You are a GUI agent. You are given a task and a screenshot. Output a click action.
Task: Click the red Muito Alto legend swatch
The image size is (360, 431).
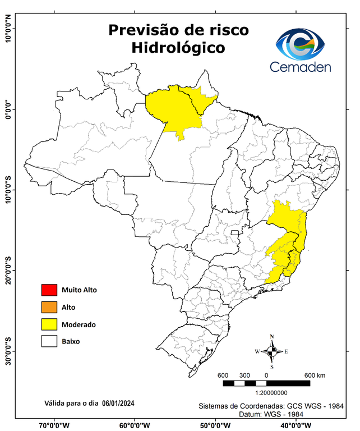click(x=49, y=290)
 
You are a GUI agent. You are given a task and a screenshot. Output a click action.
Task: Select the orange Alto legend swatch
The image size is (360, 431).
click(x=49, y=307)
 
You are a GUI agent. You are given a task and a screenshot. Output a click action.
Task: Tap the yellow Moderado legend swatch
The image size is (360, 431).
click(x=49, y=324)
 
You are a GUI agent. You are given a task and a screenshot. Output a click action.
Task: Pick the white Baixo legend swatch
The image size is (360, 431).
click(x=49, y=341)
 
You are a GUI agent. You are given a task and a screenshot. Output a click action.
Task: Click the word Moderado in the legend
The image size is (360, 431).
click(x=79, y=324)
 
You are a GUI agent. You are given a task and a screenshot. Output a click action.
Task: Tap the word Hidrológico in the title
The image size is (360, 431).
click(x=178, y=48)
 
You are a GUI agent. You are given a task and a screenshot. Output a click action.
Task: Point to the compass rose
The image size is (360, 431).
click(x=272, y=351)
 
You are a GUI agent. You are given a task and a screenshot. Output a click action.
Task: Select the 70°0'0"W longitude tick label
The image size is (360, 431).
click(x=54, y=425)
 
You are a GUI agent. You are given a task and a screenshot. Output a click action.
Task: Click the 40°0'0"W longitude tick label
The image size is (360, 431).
click(x=296, y=425)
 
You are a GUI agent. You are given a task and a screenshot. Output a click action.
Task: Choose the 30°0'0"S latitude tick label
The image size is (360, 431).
click(x=8, y=351)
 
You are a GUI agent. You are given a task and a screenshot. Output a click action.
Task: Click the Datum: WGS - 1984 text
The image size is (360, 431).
click(x=276, y=414)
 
